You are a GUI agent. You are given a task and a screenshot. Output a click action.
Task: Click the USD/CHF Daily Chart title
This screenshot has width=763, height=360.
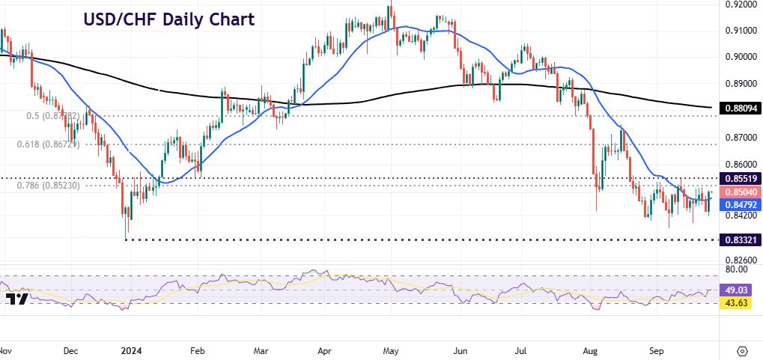click(168, 19)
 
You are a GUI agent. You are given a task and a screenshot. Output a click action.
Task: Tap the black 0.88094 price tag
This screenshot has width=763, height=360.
click(739, 109)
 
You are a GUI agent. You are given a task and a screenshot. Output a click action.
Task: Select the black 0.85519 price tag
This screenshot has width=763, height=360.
click(739, 179)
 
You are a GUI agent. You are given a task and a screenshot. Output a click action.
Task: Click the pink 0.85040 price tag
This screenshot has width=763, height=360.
click(739, 192)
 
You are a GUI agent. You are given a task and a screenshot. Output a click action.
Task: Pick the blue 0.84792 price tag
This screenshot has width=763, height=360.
click(739, 204)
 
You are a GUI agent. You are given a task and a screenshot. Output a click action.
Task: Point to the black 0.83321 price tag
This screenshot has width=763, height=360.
click(739, 240)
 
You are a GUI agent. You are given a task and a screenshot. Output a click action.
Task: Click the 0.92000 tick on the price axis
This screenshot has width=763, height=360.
click(740, 4)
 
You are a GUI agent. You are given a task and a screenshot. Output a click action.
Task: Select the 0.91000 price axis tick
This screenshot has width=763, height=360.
click(740, 31)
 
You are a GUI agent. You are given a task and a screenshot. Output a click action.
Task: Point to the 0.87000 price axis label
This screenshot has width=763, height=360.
click(740, 138)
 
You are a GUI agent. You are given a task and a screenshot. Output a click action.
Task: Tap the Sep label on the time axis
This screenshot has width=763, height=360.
click(657, 350)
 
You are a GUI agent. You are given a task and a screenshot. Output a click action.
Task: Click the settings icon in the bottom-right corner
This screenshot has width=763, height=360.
click(742, 350)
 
